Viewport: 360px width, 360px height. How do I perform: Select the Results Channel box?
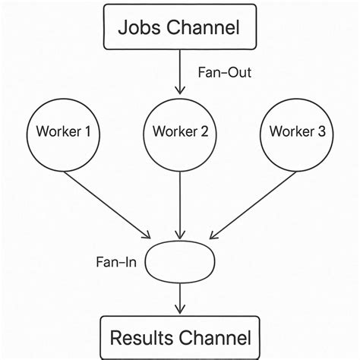coord(179,336)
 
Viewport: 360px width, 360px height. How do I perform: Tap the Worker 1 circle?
coord(64,131)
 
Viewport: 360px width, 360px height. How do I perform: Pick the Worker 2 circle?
coord(180,131)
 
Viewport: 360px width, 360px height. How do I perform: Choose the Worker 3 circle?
coord(297,131)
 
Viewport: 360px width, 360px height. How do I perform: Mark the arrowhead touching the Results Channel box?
coord(180,310)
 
